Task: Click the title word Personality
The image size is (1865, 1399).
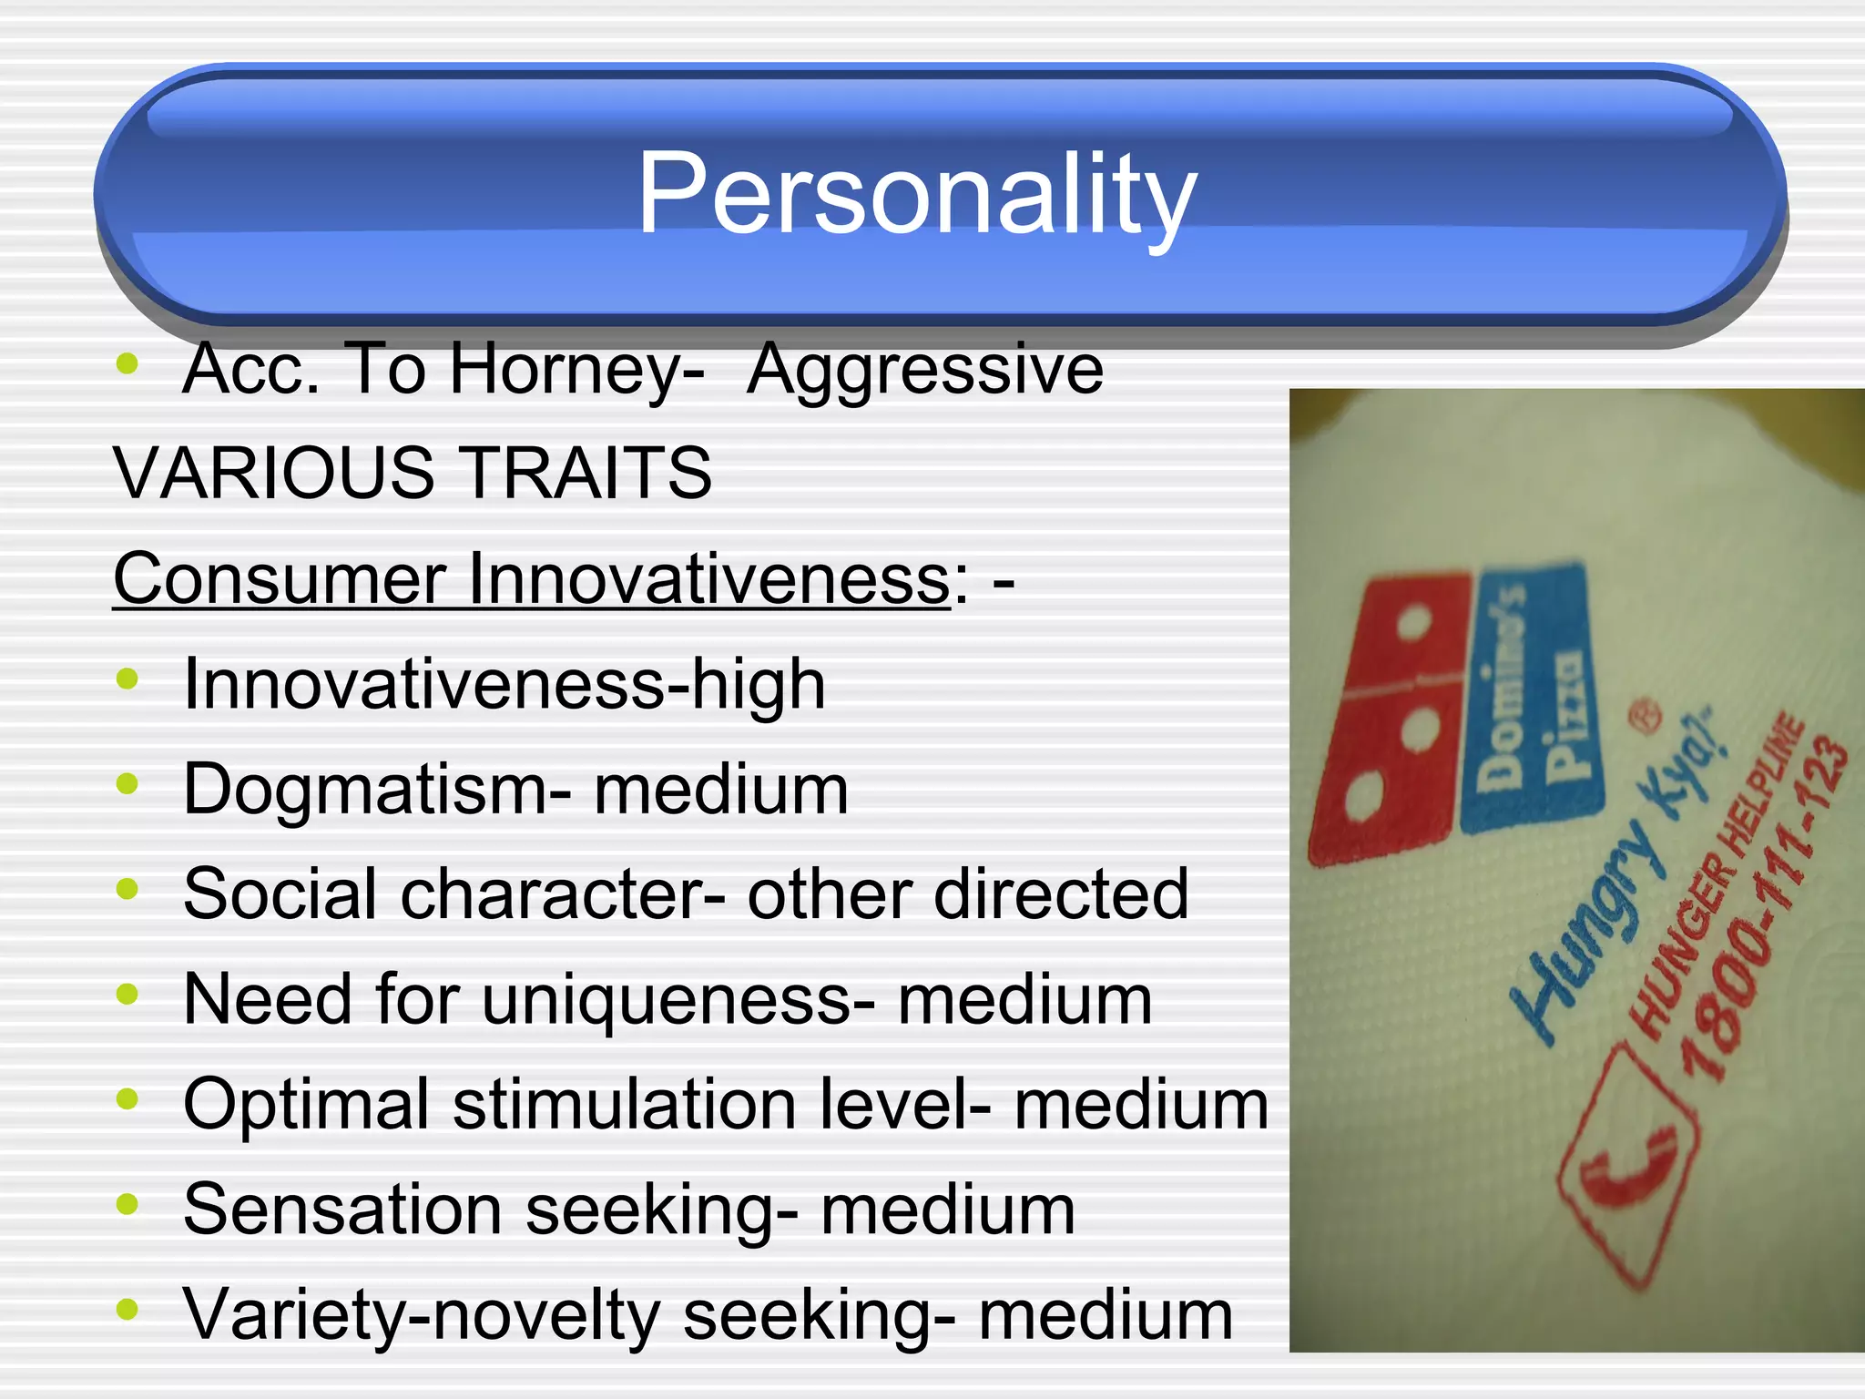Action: click(x=916, y=193)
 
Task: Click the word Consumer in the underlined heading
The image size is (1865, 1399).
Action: click(x=279, y=578)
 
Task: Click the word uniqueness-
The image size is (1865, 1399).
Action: click(x=678, y=999)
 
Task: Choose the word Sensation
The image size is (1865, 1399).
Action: click(x=342, y=1210)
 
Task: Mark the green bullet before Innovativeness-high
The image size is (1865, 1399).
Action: click(x=127, y=679)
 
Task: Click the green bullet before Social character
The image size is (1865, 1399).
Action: click(x=127, y=889)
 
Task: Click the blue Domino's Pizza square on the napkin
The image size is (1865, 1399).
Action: click(x=1530, y=697)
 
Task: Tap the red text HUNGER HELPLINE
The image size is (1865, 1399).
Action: click(x=1717, y=874)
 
